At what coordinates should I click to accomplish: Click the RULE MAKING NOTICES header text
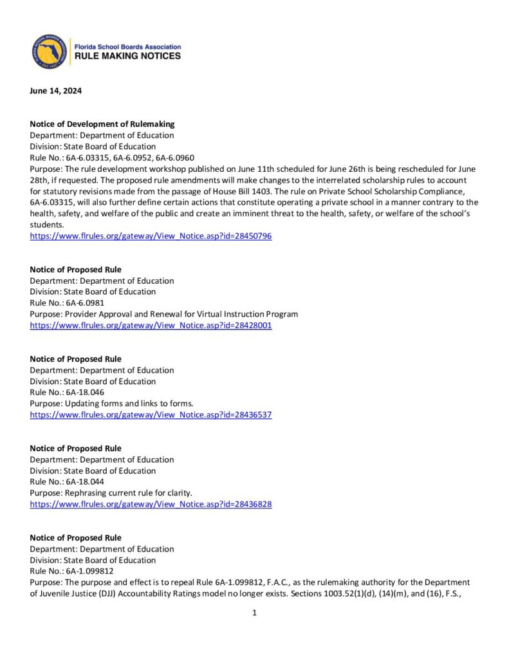tap(128, 57)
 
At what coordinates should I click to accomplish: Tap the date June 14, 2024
tap(56, 91)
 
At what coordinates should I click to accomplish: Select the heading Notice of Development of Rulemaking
tap(102, 124)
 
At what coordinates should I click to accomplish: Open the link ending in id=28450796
tap(151, 236)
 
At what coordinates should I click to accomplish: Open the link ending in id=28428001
tap(151, 326)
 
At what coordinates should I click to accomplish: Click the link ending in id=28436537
tap(151, 415)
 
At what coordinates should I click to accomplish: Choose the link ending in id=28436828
tap(151, 505)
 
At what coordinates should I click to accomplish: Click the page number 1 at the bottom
tap(255, 613)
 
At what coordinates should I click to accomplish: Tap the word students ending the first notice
tap(47, 225)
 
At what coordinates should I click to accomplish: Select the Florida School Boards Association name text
tap(128, 47)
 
